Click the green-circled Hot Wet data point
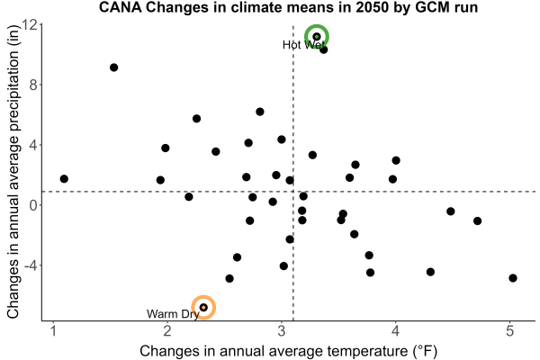317,37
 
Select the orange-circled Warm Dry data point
203,307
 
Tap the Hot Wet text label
303,45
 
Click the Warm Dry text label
173,314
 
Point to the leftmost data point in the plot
64,179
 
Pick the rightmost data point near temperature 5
513,278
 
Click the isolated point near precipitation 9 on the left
114,67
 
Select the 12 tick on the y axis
30,25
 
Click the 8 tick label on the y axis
33,85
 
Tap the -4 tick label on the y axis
31,265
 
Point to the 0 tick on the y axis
33,205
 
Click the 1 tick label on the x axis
53,330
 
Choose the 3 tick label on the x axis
282,330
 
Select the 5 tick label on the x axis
510,330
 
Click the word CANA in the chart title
121,7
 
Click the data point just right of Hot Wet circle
323,49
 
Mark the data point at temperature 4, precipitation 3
396,160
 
